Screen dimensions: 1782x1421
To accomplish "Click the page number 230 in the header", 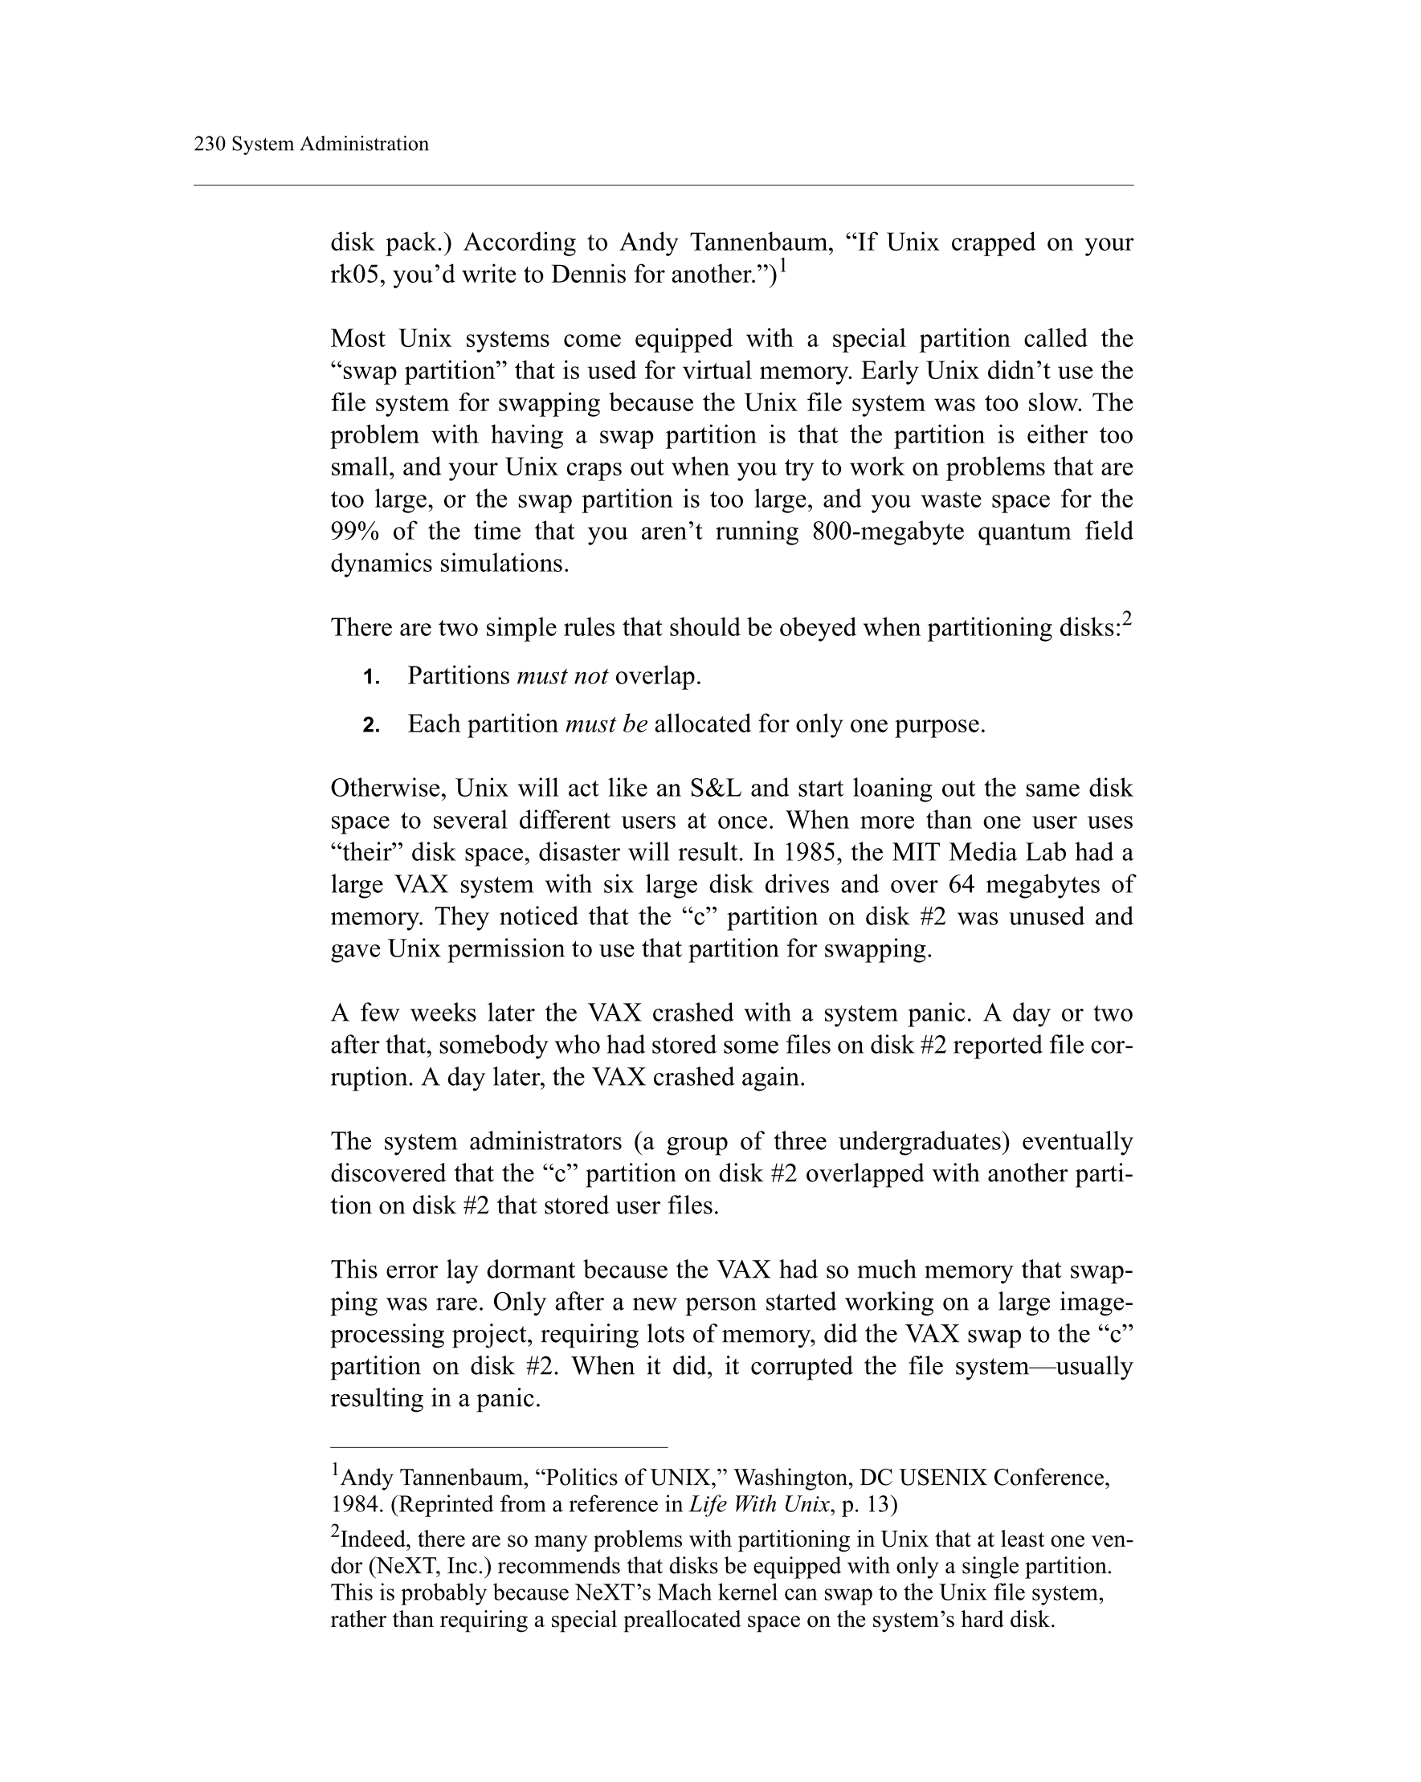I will (209, 144).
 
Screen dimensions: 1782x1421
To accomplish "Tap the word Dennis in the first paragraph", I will (589, 275).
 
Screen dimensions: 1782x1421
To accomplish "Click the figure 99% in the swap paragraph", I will (354, 532).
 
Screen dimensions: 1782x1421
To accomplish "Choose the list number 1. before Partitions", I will (371, 678).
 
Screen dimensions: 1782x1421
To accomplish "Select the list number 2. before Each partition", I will (371, 726).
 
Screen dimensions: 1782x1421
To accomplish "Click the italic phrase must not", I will (562, 676).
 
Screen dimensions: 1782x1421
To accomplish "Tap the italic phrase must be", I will (606, 724).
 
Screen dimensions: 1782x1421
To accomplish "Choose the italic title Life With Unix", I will (759, 1504).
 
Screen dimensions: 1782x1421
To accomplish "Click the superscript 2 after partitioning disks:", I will (1127, 618).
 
